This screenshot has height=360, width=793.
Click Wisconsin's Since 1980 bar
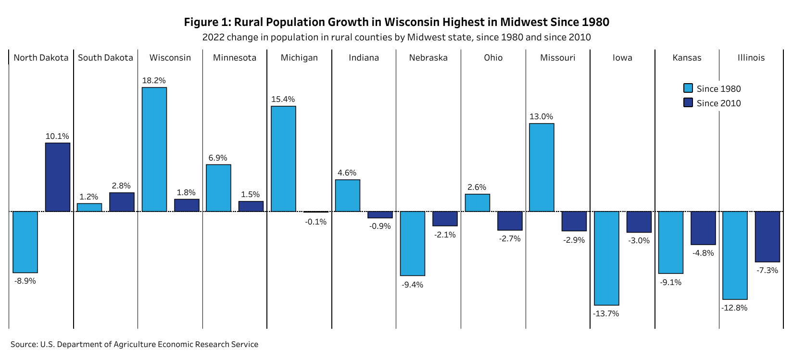[x=154, y=149]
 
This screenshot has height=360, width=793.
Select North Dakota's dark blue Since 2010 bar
[x=58, y=177]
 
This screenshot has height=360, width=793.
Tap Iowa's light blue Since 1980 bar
[x=606, y=258]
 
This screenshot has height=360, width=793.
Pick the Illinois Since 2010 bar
[x=767, y=236]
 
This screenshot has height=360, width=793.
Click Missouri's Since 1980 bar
[x=541, y=167]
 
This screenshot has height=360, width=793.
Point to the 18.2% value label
[x=154, y=80]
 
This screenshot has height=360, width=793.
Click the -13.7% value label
[x=606, y=313]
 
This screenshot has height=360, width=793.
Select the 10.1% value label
[x=57, y=136]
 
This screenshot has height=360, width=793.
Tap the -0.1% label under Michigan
[x=315, y=222]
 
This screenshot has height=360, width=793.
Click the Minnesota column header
[x=235, y=58]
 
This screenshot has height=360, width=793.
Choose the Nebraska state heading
[x=428, y=58]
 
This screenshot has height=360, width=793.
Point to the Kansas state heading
[x=687, y=58]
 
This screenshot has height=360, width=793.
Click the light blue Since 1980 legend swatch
[x=688, y=88]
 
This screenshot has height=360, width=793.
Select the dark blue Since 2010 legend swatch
[x=688, y=102]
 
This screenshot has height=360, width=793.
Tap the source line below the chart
[x=134, y=344]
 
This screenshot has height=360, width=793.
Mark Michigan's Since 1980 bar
[x=283, y=159]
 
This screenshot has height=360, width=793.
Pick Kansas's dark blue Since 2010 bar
[x=703, y=228]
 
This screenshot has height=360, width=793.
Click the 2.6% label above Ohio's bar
[x=477, y=187]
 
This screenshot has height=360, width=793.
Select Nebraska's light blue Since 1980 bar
[x=413, y=243]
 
